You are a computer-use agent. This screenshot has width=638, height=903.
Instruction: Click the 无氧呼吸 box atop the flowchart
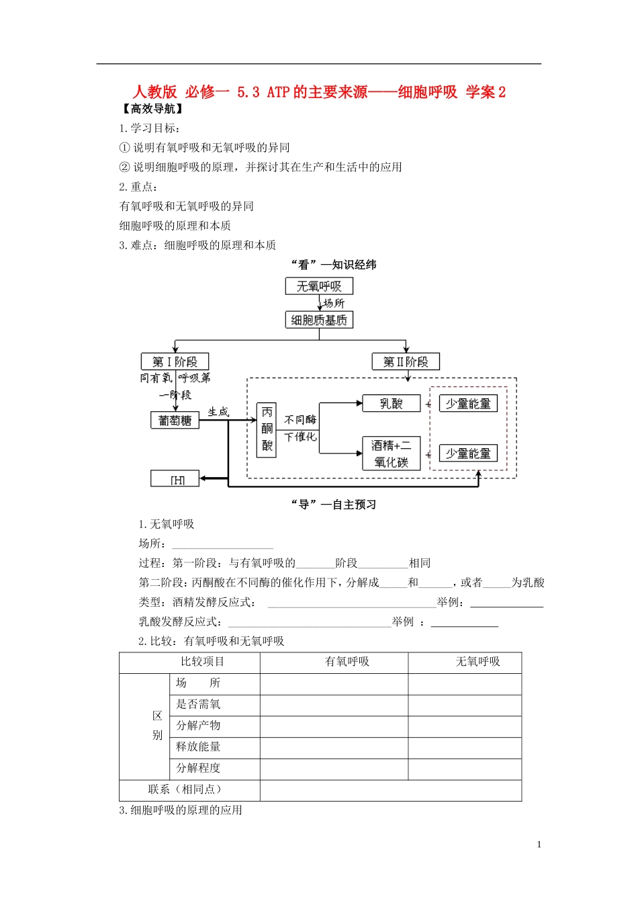point(319,286)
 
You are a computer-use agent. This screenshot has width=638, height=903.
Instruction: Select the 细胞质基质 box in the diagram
point(319,320)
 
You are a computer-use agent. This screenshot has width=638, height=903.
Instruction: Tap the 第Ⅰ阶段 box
point(175,361)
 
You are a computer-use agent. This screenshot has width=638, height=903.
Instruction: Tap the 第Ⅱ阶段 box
point(406,361)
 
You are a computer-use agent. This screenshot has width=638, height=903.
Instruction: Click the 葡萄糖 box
point(175,420)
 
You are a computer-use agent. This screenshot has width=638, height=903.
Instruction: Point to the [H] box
point(175,479)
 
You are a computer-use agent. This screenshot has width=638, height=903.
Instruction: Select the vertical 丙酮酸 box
point(267,430)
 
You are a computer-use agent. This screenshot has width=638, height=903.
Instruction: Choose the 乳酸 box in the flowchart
point(391,403)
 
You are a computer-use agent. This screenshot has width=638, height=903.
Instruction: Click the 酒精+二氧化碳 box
point(391,454)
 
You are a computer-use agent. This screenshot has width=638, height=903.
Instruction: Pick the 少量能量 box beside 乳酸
point(468,403)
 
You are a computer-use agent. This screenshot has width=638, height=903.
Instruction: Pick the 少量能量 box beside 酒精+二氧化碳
point(468,454)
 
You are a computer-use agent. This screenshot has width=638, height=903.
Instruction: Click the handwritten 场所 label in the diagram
point(334,303)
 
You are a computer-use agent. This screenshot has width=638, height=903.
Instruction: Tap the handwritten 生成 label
point(218,411)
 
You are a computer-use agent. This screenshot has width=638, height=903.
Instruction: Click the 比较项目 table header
point(202,662)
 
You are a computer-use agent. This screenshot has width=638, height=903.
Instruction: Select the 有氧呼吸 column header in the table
point(347,662)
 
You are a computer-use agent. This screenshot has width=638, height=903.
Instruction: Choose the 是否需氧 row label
point(198,704)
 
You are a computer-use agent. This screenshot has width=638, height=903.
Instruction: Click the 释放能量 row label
point(198,746)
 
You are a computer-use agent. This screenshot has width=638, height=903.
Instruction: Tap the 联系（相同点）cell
point(185,789)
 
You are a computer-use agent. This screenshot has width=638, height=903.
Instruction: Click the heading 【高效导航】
point(153,109)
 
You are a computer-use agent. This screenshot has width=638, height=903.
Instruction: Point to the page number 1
point(539,845)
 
